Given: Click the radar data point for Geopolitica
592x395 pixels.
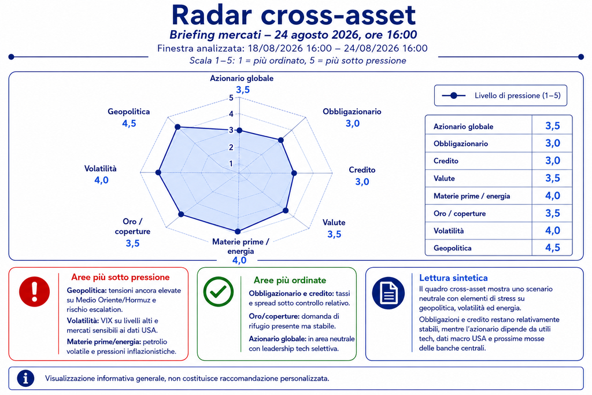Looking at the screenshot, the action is point(178,127).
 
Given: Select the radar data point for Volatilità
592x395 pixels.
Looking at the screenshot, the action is point(158,172).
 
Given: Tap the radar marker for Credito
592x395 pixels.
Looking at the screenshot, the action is point(294,173).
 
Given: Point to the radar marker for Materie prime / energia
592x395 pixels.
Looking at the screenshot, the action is point(238,231).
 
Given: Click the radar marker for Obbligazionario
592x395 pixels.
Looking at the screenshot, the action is point(280,140).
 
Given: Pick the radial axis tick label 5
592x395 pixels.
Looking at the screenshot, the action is point(231,98).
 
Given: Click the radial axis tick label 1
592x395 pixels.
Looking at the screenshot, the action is point(231,164).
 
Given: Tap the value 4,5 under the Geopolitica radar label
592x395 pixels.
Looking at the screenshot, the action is point(129,124).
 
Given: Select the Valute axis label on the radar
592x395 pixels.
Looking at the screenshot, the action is point(334,223).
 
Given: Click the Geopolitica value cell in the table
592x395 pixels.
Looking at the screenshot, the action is point(552,248).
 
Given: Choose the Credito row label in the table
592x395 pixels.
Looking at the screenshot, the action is point(446,161).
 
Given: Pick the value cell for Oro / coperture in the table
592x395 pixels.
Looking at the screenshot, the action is point(552,213).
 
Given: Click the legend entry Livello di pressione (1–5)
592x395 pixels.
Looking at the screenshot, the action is point(517,95).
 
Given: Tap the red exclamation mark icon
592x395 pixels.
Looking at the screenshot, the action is point(34,291).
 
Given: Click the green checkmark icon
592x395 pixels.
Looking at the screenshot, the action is point(218,291).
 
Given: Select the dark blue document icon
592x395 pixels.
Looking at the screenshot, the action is point(388,293).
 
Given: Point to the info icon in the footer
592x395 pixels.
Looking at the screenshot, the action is point(25,378).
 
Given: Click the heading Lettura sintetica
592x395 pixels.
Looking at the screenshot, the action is point(453,278).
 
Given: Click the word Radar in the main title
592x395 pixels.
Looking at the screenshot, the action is point(212,15).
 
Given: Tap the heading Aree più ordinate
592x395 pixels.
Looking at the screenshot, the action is point(290,280).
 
